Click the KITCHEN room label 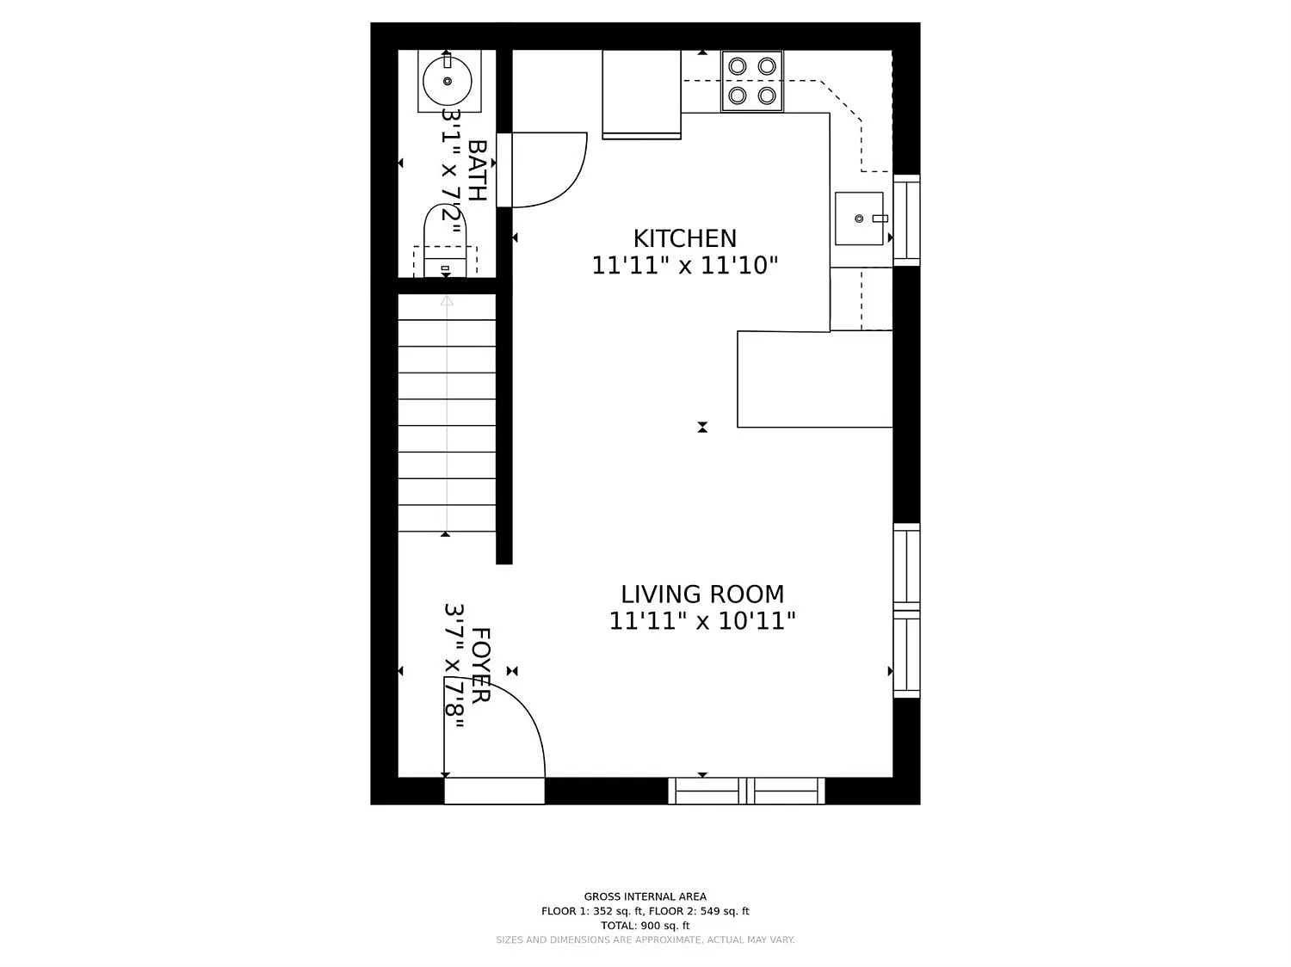pyautogui.click(x=684, y=238)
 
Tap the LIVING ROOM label pyautogui.click(x=702, y=594)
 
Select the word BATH pyautogui.click(x=477, y=170)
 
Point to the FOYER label pyautogui.click(x=480, y=665)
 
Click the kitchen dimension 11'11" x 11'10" pyautogui.click(x=684, y=266)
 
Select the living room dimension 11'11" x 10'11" pyautogui.click(x=702, y=621)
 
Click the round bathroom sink pyautogui.click(x=448, y=81)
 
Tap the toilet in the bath pyautogui.click(x=445, y=241)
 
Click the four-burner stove pyautogui.click(x=752, y=81)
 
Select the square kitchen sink pyautogui.click(x=859, y=219)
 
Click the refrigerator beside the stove pyautogui.click(x=641, y=93)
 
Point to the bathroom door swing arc pyautogui.click(x=559, y=176)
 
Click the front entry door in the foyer pyautogui.click(x=494, y=790)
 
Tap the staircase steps pyautogui.click(x=447, y=413)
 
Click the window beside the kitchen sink pyautogui.click(x=906, y=220)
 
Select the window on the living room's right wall pyautogui.click(x=906, y=611)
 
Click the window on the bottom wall pyautogui.click(x=746, y=791)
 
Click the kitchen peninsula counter pyautogui.click(x=814, y=379)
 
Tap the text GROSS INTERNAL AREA pyautogui.click(x=645, y=896)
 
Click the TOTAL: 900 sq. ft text pyautogui.click(x=645, y=926)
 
